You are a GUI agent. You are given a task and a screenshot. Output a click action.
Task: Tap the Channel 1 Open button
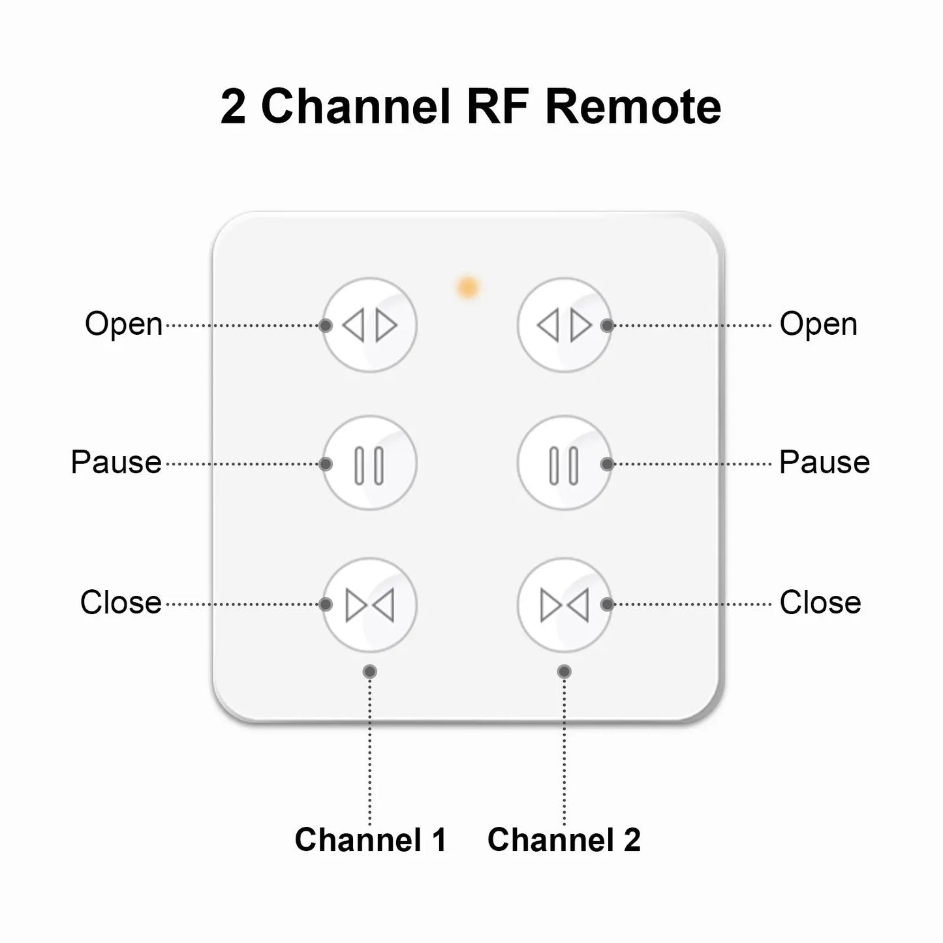coord(369,325)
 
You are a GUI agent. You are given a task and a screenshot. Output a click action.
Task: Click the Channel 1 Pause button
coord(369,464)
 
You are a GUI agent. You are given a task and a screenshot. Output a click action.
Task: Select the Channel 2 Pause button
coord(564,464)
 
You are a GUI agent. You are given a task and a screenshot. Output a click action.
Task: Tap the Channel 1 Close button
coord(369,605)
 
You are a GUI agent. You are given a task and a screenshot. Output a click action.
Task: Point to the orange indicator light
coord(467,287)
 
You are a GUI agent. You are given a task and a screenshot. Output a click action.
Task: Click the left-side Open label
coord(123,324)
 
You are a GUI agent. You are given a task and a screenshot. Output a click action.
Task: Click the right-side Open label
coord(818,324)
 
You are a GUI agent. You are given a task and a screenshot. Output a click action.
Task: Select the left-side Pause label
coord(116,463)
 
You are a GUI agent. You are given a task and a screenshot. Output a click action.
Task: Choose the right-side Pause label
coord(824,463)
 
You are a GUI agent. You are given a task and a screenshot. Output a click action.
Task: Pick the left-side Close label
coord(121,602)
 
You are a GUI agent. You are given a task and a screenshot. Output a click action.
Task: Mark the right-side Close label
coord(820,602)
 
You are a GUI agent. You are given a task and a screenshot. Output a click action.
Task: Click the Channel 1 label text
coord(370,840)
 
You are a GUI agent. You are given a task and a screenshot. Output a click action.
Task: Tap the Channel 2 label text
coord(564,840)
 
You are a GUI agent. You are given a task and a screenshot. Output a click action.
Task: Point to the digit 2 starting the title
coord(233,108)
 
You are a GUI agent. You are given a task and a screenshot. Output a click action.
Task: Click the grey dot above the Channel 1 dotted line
coord(370,672)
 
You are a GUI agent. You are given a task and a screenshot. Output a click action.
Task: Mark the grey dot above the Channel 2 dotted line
coord(564,672)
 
